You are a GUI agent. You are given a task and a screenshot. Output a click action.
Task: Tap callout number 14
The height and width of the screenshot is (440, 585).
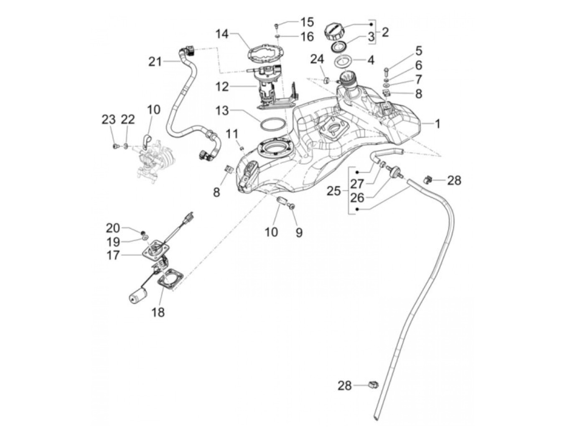pyautogui.click(x=222, y=34)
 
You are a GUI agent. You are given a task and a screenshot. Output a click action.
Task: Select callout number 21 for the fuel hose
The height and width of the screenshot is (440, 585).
pyautogui.click(x=155, y=62)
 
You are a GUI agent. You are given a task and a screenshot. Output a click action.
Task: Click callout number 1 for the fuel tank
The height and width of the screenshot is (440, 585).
pyautogui.click(x=437, y=124)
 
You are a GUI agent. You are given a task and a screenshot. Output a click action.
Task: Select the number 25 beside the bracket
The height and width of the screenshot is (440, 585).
pyautogui.click(x=334, y=192)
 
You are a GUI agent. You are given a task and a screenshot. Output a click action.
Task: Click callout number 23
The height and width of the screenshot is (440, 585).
pyautogui.click(x=109, y=120)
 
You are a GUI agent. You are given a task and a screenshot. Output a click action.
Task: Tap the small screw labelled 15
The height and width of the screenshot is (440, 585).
pyautogui.click(x=277, y=26)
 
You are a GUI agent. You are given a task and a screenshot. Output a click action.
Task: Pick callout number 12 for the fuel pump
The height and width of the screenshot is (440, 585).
pyautogui.click(x=222, y=87)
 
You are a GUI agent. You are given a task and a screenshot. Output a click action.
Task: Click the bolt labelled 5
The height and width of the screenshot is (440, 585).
pyautogui.click(x=386, y=69)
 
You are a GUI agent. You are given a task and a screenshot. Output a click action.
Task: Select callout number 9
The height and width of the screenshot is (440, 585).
pyautogui.click(x=299, y=232)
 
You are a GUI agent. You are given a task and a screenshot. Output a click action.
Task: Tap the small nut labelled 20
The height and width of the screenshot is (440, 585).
pyautogui.click(x=143, y=232)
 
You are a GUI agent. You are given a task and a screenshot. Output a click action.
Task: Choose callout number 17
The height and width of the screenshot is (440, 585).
pyautogui.click(x=113, y=255)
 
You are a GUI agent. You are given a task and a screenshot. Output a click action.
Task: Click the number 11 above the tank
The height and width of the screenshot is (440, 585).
pyautogui.click(x=232, y=134)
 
